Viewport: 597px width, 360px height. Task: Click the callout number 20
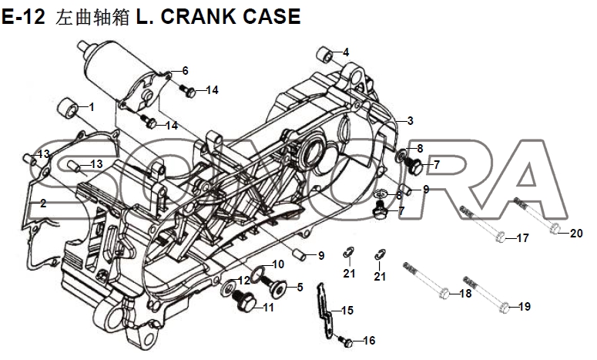click(x=576, y=234)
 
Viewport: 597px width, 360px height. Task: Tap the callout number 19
click(x=524, y=307)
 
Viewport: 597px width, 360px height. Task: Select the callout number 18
click(x=465, y=294)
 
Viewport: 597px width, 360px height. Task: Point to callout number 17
click(x=522, y=238)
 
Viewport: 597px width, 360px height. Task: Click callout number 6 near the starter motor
click(x=185, y=71)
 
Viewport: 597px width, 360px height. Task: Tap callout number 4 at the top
click(x=346, y=52)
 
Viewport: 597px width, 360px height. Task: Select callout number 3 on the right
click(x=411, y=120)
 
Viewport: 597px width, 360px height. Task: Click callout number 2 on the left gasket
click(x=43, y=204)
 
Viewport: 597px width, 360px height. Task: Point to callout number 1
click(x=92, y=106)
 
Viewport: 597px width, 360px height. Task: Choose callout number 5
click(x=300, y=287)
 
